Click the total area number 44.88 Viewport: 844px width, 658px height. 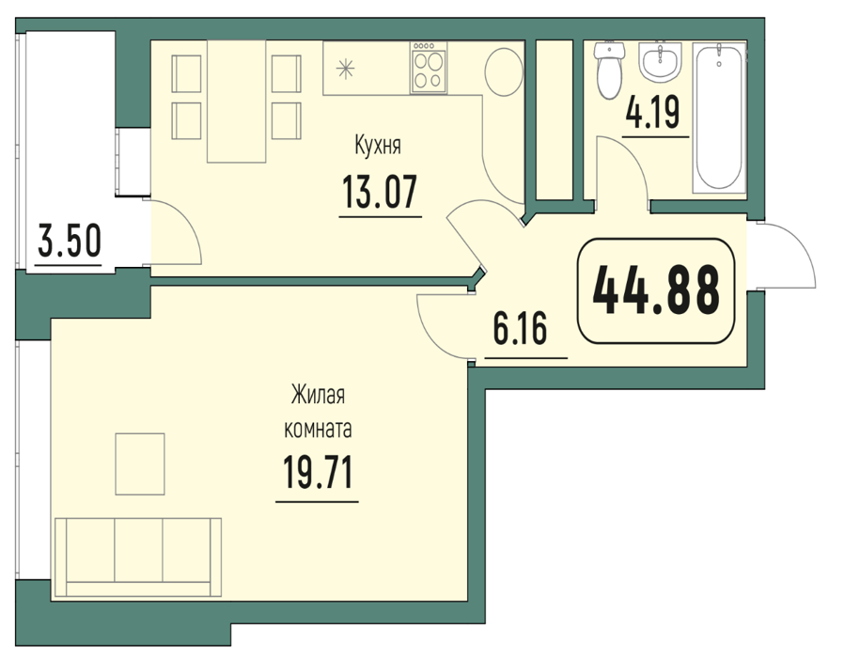click(x=656, y=290)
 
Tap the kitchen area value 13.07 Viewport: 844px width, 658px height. click(x=380, y=193)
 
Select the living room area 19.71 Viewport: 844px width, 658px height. click(x=317, y=472)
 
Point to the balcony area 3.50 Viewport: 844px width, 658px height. click(x=70, y=241)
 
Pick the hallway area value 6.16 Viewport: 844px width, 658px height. click(x=521, y=328)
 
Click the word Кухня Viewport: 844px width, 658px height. click(x=378, y=146)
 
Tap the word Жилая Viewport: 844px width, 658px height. click(x=318, y=395)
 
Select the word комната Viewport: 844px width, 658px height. click(x=318, y=430)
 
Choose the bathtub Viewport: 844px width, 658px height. click(x=719, y=117)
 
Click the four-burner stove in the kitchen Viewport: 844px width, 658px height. click(x=429, y=69)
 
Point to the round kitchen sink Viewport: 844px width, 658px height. click(x=505, y=72)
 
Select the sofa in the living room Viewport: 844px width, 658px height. click(x=138, y=557)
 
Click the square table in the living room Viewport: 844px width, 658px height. click(x=140, y=464)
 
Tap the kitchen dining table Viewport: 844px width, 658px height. click(x=236, y=102)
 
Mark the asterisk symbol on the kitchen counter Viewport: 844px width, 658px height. click(x=345, y=69)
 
